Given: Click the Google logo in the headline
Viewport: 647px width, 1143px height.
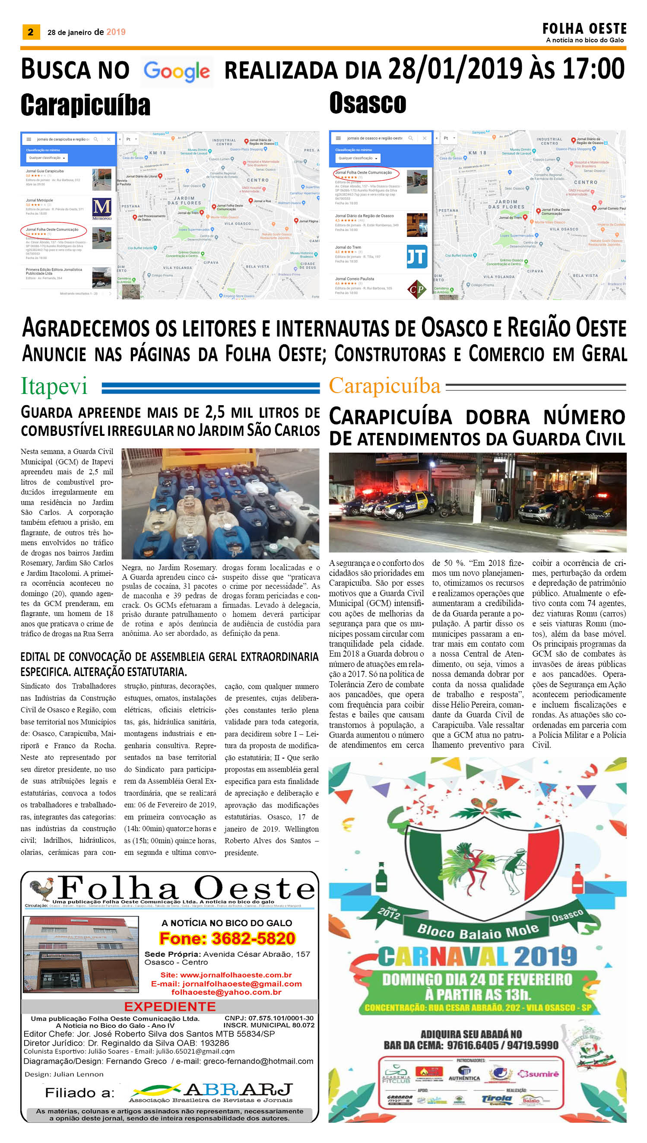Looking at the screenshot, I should [177, 71].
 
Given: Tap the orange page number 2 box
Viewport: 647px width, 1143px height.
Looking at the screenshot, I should [31, 32].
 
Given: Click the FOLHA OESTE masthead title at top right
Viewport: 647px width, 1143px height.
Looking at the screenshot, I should [584, 29].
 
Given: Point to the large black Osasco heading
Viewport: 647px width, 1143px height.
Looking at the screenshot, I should [368, 103].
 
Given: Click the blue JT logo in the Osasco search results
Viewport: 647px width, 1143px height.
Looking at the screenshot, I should [416, 257].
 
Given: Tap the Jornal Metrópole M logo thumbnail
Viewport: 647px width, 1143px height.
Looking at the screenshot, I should [102, 208].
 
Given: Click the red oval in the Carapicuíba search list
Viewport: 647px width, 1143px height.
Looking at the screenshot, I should [53, 230].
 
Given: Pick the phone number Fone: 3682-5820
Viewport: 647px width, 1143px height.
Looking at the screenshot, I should [227, 938].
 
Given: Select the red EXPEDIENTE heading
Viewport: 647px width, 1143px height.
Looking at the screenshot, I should [170, 1006].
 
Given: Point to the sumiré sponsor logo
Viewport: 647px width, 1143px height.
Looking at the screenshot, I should [538, 1074].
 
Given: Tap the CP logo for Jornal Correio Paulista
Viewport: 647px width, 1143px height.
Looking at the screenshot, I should [416, 289].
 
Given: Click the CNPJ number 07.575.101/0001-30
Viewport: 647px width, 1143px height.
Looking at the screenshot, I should [269, 1018].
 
